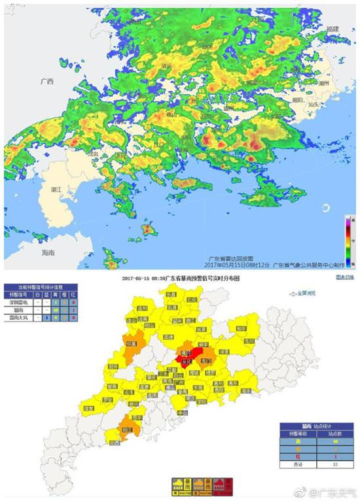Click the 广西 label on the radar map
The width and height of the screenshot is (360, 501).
click(46, 82)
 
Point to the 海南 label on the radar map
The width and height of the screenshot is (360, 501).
click(48, 252)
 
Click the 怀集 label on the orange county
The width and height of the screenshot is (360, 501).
click(132, 342)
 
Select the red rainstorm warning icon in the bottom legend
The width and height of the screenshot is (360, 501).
click(222, 485)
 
